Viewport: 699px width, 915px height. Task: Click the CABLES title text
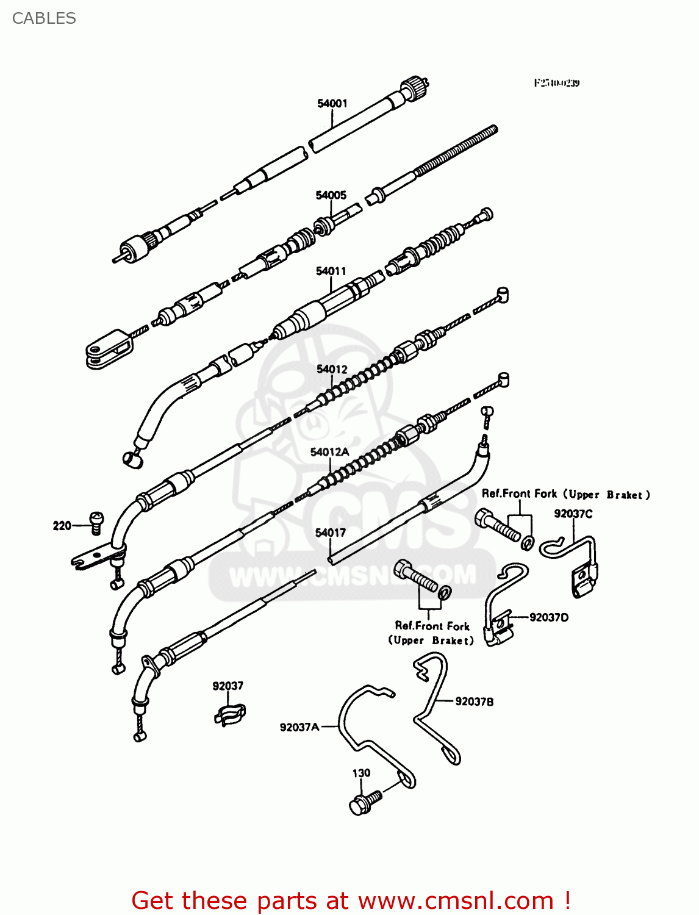point(44,18)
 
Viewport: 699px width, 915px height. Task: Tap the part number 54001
point(332,104)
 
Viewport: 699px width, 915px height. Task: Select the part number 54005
point(331,195)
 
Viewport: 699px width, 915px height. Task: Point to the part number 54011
point(331,271)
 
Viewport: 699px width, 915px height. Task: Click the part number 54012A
point(329,452)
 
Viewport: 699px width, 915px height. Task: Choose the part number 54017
point(330,533)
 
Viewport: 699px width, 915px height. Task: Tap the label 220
point(62,525)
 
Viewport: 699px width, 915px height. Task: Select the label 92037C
point(573,514)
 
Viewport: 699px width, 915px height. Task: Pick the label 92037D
point(549,617)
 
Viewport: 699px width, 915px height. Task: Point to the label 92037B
point(475,701)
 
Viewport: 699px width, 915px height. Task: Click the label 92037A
point(299,727)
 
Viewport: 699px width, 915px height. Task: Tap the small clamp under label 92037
point(230,713)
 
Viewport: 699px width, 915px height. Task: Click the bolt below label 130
point(365,802)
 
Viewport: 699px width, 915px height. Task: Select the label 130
point(361,773)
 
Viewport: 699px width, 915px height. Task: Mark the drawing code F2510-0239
point(556,83)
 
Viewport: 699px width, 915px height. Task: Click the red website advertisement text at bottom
point(351,900)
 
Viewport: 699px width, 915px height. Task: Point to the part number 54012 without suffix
point(332,369)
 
